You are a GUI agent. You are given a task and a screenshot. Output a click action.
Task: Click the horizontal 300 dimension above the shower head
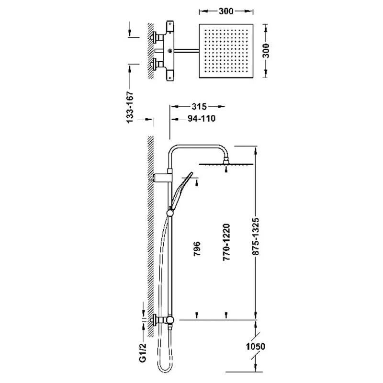[x=226, y=11]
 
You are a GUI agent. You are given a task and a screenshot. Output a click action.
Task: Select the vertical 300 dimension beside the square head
[x=266, y=51]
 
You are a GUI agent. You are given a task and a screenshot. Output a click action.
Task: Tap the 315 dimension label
[x=199, y=106]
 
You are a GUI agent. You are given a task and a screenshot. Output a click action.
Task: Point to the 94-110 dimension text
[x=202, y=118]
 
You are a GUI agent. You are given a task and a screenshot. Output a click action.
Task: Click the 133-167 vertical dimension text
[x=130, y=107]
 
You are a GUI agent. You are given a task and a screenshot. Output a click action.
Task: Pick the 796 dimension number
[x=197, y=248]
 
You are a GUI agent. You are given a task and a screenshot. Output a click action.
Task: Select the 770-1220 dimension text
[x=226, y=242]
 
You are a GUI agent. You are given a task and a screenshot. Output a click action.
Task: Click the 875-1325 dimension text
[x=256, y=237]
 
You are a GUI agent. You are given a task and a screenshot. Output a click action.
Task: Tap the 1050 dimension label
[x=255, y=346]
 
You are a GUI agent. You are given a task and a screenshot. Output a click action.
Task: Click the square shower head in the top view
[x=226, y=51]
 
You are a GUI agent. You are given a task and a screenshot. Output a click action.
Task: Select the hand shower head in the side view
[x=182, y=191]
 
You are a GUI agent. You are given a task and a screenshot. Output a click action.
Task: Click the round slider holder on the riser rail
[x=170, y=213]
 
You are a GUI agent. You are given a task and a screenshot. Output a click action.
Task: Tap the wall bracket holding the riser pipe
[x=161, y=177]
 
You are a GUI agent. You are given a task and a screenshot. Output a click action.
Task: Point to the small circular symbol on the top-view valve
[x=170, y=51]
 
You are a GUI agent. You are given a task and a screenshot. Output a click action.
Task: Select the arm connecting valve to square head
[x=186, y=51]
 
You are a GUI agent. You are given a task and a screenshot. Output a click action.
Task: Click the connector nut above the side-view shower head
[x=226, y=160]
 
